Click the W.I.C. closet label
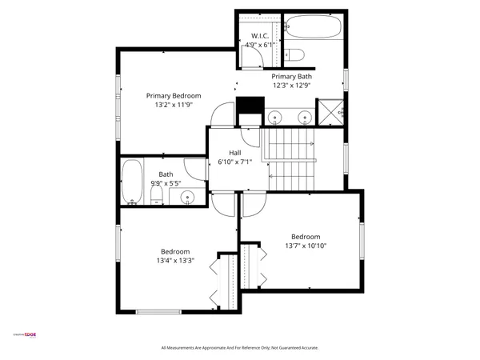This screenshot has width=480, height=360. coord(260,36)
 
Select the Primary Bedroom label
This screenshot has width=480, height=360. coord(173,95)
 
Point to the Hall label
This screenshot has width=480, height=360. coord(235,153)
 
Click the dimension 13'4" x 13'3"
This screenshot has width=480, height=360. coord(174,260)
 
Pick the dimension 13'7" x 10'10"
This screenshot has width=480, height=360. coord(305,246)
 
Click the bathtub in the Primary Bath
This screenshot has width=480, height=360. coord(313,28)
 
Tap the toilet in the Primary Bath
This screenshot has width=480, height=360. coord(295,54)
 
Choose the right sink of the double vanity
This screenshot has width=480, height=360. coord(304,118)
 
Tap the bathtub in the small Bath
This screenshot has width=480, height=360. coord(133,182)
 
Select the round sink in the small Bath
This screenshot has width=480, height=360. coord(189,196)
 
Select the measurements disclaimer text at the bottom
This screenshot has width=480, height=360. coord(239,348)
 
